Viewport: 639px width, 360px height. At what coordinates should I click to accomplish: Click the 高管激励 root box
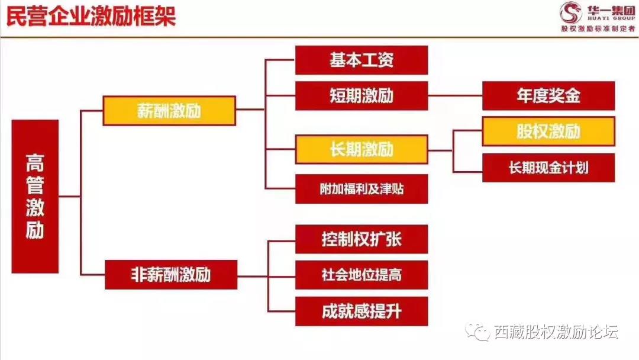35,197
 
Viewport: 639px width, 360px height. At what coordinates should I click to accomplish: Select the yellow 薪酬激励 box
169,111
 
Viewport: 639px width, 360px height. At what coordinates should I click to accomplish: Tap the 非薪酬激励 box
171,275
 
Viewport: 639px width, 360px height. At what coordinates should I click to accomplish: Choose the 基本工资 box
362,60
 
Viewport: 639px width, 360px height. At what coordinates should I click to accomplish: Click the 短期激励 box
362,96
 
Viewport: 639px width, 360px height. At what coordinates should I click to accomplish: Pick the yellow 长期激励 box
362,149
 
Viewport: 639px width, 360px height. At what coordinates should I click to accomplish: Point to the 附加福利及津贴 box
362,189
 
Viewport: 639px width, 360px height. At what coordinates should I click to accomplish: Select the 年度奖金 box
548,96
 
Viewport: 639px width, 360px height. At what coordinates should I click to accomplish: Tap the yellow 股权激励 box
548,131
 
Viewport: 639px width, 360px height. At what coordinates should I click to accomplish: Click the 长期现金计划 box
548,168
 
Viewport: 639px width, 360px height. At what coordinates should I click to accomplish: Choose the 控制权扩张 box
362,239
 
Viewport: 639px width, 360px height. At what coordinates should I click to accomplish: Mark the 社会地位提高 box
362,275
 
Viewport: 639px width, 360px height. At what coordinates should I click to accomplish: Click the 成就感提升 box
362,311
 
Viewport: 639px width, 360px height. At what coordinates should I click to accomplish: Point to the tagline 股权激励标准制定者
598,28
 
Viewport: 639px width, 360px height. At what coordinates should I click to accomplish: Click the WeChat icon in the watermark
477,332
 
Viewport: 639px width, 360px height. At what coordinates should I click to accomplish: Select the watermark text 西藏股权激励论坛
556,332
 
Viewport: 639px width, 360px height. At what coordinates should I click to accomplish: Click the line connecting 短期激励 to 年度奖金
455,96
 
